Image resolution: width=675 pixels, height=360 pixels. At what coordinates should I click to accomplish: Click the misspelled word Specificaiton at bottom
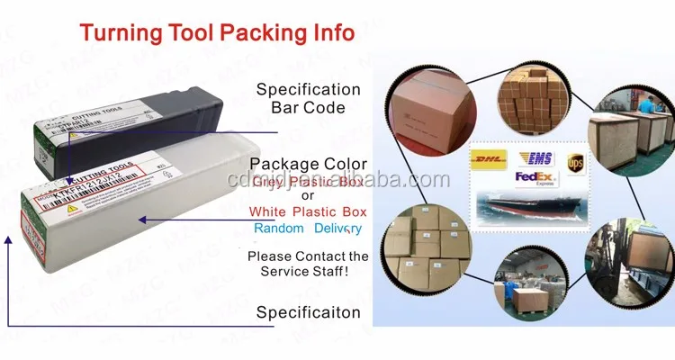click(x=309, y=312)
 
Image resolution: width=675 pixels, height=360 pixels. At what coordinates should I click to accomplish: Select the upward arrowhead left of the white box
click(x=9, y=238)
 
